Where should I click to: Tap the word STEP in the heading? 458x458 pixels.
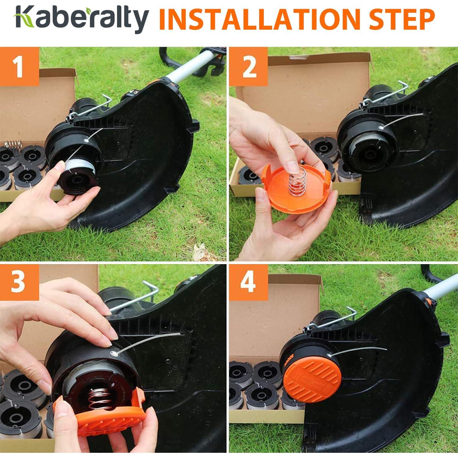[403, 19]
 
